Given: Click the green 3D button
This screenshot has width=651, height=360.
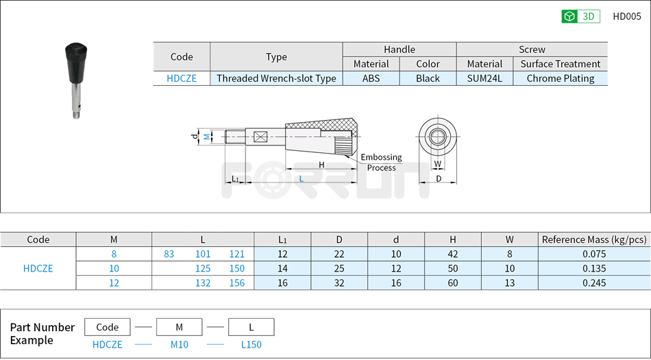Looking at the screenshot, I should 580,16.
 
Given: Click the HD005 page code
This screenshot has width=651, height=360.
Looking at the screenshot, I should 626,16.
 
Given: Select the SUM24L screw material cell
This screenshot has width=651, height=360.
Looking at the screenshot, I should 484,78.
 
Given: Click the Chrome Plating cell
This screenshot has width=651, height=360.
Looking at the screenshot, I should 560,78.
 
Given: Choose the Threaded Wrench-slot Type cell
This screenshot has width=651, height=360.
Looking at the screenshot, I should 276,78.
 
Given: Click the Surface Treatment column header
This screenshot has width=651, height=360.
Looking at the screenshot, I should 560,64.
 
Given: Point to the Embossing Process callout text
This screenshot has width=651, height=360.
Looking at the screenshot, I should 381,163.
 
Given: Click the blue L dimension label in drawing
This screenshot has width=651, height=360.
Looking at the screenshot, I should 301,179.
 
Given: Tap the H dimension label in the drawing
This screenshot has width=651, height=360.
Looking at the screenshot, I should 321,165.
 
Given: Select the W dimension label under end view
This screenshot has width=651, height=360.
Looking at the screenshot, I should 437,164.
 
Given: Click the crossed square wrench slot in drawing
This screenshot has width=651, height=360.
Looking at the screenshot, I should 260,136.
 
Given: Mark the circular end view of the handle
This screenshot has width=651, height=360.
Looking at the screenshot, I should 437,136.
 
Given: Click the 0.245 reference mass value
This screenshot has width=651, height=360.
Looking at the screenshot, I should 594,283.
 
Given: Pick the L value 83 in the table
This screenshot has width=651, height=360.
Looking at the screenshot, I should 169,254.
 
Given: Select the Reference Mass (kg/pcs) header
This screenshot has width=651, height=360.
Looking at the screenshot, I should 593,239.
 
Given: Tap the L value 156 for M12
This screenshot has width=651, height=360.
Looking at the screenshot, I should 237,283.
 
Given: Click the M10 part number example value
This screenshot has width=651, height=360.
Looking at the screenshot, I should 179,344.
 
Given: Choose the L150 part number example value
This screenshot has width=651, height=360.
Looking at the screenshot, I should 251,344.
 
